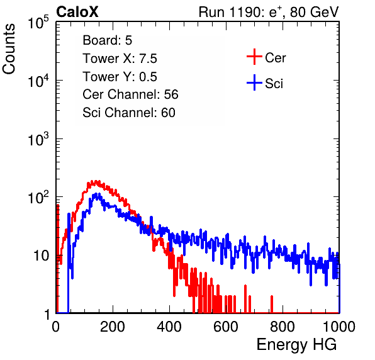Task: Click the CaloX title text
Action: [77, 12]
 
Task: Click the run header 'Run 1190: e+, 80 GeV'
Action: [269, 12]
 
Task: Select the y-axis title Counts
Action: [9, 49]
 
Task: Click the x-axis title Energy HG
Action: [296, 345]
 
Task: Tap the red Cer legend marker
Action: [254, 57]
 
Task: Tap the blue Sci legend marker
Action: [254, 82]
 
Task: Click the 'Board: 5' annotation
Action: [107, 40]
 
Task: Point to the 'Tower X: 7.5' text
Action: [120, 59]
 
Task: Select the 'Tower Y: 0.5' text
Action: [120, 77]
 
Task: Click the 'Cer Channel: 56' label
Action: [130, 94]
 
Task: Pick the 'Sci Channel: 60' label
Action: [129, 113]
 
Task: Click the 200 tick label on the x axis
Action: [113, 327]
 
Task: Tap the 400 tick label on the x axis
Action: [169, 327]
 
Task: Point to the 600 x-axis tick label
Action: [226, 327]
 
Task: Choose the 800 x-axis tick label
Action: [283, 327]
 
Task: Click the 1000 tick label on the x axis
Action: [339, 327]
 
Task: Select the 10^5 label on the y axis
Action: [38, 22]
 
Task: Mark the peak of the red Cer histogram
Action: [96, 181]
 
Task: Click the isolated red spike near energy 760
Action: [272, 304]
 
